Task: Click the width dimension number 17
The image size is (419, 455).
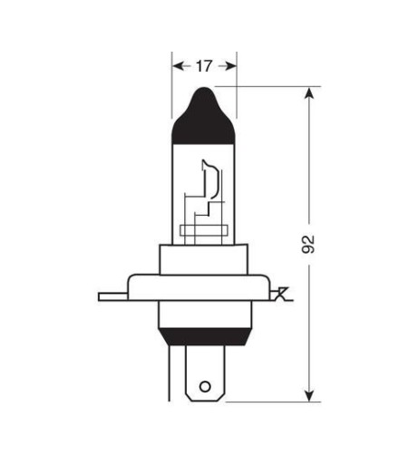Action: click(204, 65)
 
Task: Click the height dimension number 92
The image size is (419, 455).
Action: click(308, 244)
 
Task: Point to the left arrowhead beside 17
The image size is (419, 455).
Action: click(177, 65)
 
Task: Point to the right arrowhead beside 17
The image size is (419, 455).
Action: click(231, 65)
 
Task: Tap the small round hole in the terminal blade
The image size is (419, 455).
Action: click(204, 385)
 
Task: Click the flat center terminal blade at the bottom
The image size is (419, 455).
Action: click(204, 372)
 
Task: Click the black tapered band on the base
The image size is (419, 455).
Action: click(204, 334)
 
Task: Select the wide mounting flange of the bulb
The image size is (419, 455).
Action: click(204, 288)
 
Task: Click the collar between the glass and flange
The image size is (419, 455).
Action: click(204, 258)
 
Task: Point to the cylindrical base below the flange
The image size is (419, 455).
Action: click(204, 315)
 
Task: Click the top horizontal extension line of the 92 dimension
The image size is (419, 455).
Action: click(272, 86)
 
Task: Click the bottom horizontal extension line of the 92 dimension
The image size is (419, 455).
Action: click(272, 400)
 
